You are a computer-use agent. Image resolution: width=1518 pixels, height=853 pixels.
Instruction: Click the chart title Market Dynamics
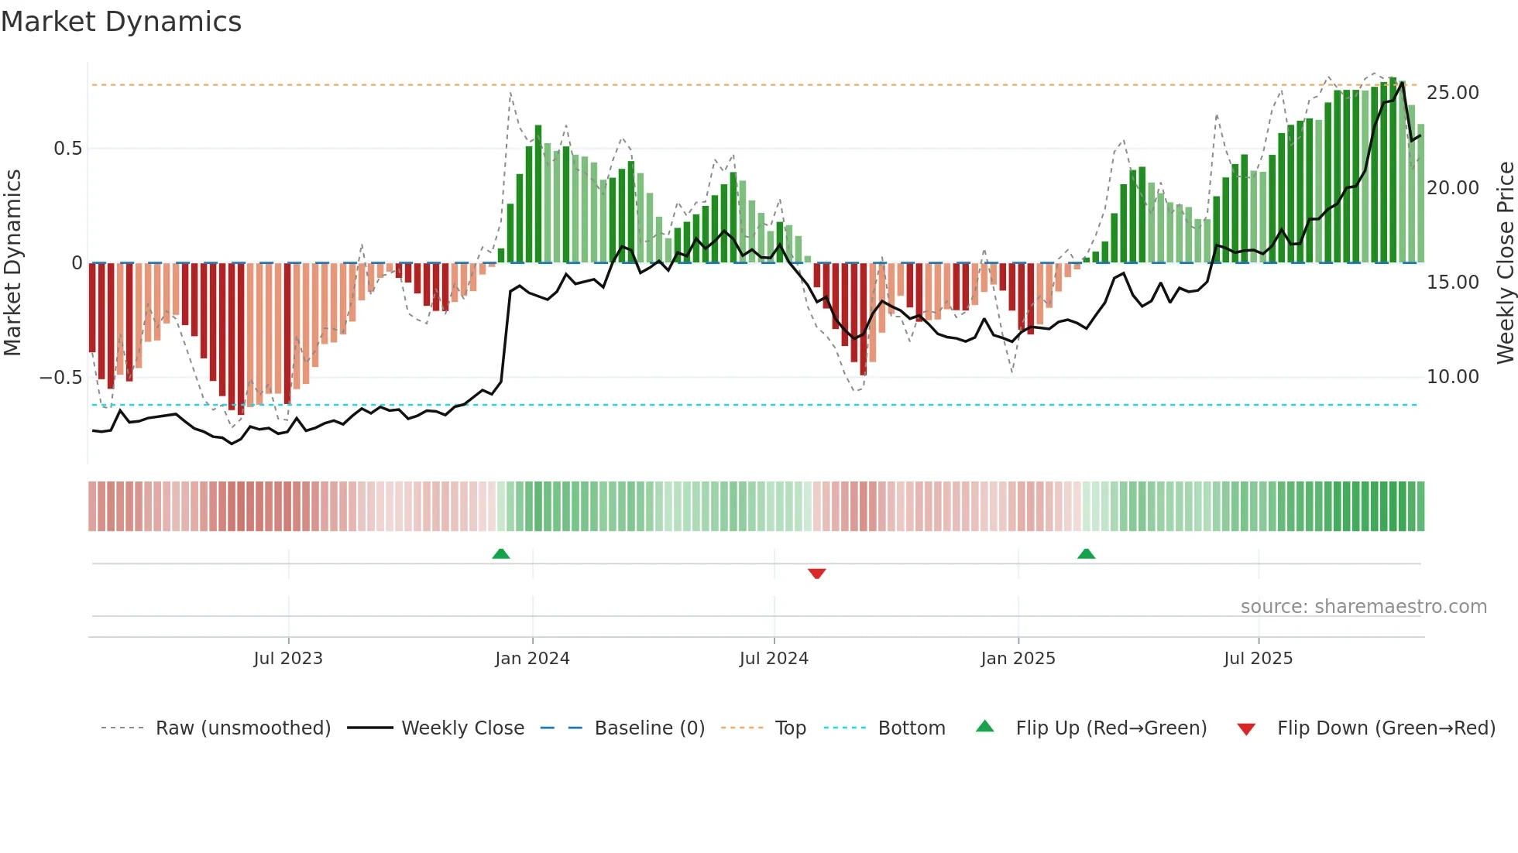[x=121, y=22]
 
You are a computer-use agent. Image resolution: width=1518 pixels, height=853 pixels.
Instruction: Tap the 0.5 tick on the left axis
[x=67, y=149]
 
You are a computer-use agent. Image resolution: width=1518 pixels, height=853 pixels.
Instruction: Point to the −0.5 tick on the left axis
[x=60, y=378]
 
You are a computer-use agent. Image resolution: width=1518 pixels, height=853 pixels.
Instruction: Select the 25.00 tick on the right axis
[x=1452, y=93]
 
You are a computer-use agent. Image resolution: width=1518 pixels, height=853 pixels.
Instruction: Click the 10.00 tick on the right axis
[x=1452, y=377]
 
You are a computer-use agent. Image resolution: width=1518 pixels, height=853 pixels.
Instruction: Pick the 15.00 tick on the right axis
[x=1452, y=283]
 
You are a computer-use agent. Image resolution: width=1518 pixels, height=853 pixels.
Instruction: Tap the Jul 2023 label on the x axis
[x=287, y=659]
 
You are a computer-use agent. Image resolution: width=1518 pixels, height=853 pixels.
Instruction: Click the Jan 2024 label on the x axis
[x=532, y=659]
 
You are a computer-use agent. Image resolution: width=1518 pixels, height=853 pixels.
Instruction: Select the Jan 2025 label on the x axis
[x=1018, y=659]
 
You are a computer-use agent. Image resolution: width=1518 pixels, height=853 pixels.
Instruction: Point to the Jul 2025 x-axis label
[x=1258, y=659]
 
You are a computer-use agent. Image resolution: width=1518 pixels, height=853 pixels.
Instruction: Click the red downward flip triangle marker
[x=816, y=574]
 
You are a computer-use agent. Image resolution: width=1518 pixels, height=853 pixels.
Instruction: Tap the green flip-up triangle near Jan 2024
[x=501, y=553]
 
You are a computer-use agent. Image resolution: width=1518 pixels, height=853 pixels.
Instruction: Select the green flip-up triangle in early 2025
[x=1086, y=553]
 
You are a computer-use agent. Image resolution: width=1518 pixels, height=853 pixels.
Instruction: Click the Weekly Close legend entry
[x=462, y=728]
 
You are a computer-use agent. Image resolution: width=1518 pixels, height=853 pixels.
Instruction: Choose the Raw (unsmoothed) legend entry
[x=242, y=728]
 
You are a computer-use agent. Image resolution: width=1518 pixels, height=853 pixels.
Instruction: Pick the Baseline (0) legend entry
[x=649, y=728]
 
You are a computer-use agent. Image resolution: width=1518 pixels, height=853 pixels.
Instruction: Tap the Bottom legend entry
[x=911, y=728]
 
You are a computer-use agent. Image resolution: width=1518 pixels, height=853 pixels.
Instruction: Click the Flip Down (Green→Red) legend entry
[x=1386, y=728]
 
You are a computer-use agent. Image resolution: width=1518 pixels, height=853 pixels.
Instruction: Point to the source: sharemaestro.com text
[x=1363, y=607]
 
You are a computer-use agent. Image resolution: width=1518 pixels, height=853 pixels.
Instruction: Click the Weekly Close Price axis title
[x=1505, y=263]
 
